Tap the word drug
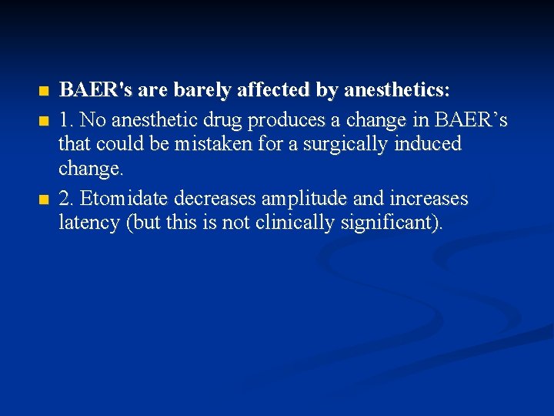point(217,119)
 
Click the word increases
point(427,199)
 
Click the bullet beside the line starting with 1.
point(43,121)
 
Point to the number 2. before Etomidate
point(67,199)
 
